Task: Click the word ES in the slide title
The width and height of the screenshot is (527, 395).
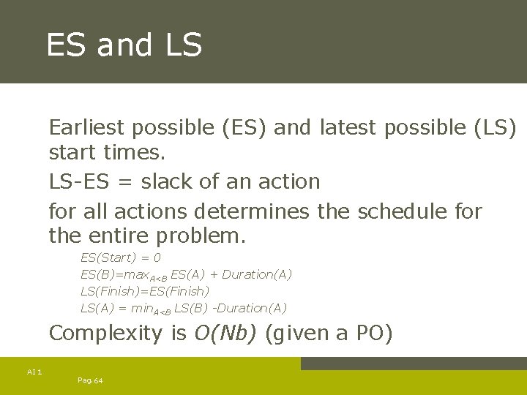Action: (67, 45)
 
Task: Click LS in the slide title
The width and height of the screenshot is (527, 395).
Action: (183, 45)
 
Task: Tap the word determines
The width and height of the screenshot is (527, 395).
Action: (253, 212)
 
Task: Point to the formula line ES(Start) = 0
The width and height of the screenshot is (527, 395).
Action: (121, 257)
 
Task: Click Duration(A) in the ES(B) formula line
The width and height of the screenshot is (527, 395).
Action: (256, 274)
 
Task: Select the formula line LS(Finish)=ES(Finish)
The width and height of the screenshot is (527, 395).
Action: (144, 291)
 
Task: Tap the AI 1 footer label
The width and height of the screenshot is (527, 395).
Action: (34, 372)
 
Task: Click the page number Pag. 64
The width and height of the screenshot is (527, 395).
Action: (90, 380)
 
